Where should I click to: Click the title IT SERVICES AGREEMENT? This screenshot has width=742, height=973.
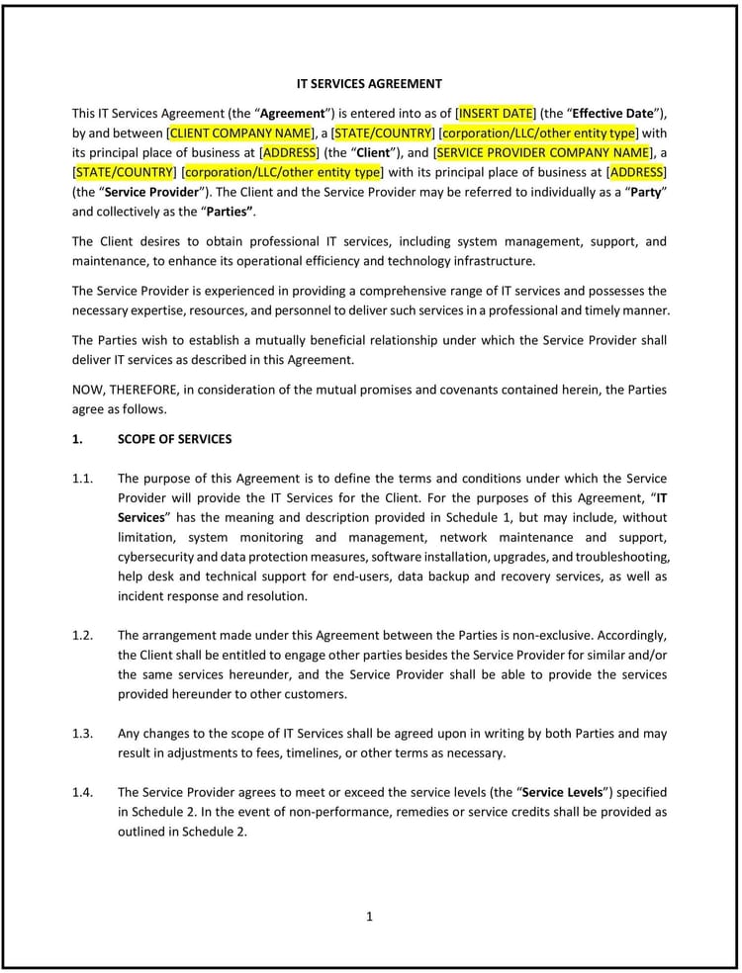coord(370,84)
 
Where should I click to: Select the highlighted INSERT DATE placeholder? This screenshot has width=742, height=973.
coord(495,113)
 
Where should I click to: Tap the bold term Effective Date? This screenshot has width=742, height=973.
coord(604,113)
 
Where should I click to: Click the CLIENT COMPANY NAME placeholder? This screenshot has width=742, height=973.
coord(240,133)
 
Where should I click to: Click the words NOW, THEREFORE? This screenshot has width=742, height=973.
coord(120,390)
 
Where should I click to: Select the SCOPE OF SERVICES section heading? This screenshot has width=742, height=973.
coord(174,439)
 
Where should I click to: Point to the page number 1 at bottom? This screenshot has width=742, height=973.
coord(370,917)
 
